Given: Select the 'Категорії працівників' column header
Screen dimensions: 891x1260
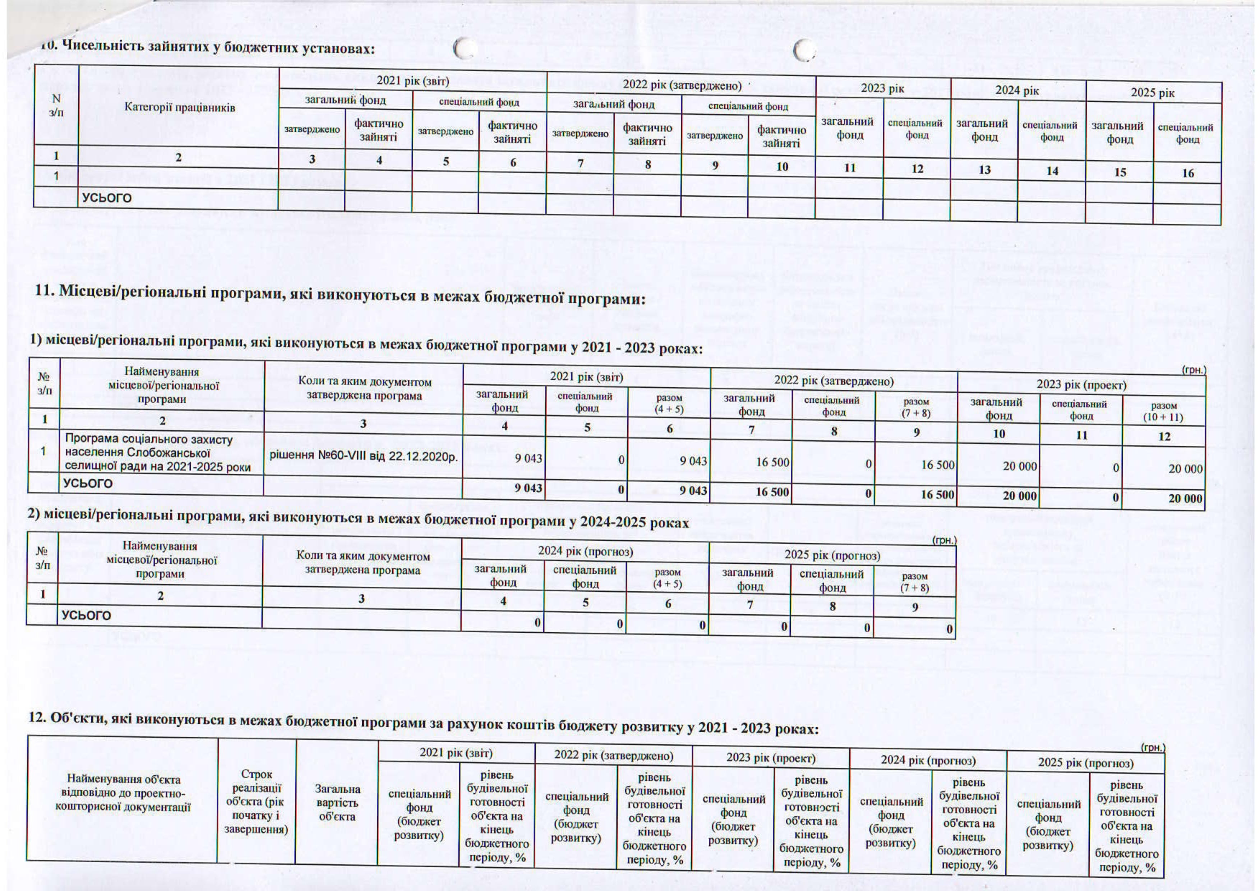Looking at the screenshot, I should click(179, 107).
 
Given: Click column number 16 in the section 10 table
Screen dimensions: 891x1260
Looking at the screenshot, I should click(1187, 174).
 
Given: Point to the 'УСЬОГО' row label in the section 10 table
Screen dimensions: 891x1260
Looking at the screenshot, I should click(107, 198).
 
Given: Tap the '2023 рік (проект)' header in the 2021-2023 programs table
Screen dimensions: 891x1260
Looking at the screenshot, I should click(1081, 384).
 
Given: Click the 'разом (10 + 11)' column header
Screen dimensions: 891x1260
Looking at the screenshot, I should click(1163, 411).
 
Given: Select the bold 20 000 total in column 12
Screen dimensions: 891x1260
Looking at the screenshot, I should click(1185, 499).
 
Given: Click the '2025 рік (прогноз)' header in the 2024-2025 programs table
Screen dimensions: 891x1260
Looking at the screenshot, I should click(832, 555).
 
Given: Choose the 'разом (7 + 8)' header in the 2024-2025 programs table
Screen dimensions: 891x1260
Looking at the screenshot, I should click(914, 582).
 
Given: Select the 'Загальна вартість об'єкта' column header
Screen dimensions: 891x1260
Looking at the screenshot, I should click(337, 803).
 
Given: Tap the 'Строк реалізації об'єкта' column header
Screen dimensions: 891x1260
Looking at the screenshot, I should click(256, 801).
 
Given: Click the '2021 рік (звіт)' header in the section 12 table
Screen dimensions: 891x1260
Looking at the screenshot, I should click(456, 753).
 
